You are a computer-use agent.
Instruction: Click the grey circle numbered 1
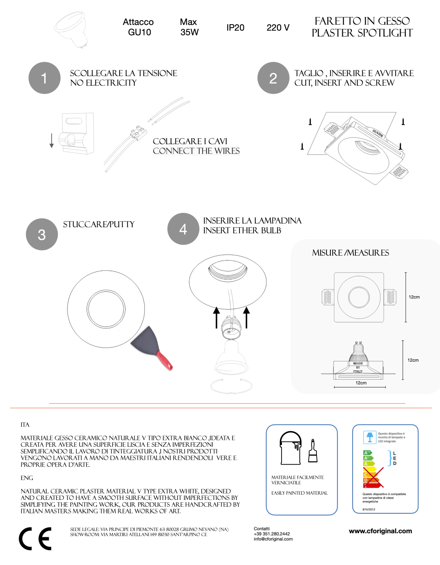(44, 78)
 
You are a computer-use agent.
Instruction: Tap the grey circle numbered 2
(273, 78)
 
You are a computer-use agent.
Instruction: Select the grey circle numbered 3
(42, 234)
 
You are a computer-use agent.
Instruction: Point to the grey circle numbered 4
(183, 229)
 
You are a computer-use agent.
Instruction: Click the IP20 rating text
(235, 27)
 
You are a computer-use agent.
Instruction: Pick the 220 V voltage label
(278, 27)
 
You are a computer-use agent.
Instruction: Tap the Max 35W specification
(189, 27)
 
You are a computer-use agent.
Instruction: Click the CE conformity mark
(35, 539)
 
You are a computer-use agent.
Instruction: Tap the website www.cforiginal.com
(380, 531)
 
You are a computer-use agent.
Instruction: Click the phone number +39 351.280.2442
(272, 534)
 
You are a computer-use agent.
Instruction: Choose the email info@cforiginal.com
(273, 539)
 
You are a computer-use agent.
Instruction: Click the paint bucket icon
(291, 448)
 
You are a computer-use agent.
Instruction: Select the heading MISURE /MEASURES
(350, 253)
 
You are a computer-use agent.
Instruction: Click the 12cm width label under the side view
(361, 383)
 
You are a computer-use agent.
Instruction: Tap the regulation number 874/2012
(369, 509)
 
